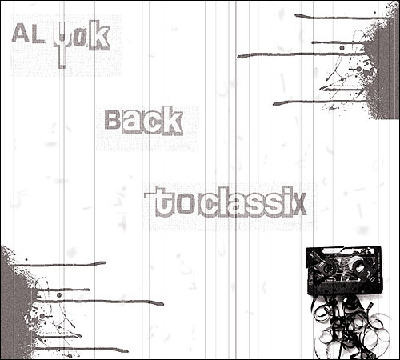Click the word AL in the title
[x=28, y=34]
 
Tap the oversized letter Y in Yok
[x=62, y=44]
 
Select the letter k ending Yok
[x=98, y=37]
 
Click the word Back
[x=144, y=121]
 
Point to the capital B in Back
[x=113, y=119]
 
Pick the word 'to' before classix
[x=170, y=202]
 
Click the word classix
[x=252, y=202]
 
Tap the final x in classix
[x=299, y=205]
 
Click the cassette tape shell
[x=344, y=270]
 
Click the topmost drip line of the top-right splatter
[x=340, y=17]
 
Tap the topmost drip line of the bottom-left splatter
[x=60, y=264]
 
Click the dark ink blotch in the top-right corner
[x=382, y=66]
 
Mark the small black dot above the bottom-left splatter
[x=26, y=259]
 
